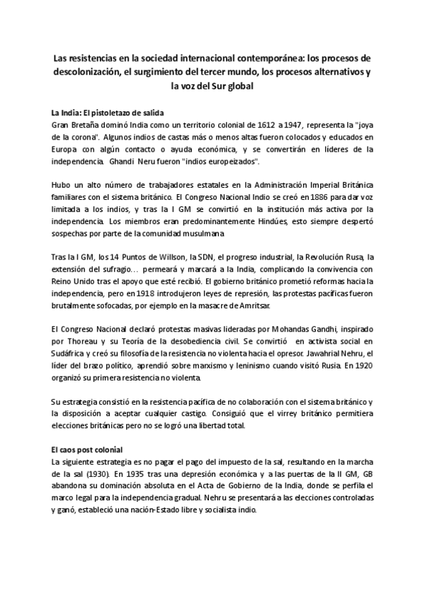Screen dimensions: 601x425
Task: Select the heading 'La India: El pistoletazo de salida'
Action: pyautogui.click(x=103, y=113)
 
